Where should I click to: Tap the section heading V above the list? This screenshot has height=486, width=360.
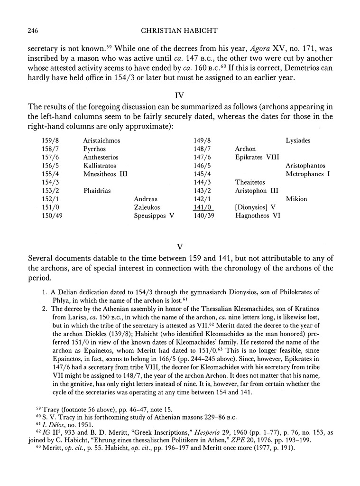180,247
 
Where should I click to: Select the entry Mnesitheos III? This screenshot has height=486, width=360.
105,174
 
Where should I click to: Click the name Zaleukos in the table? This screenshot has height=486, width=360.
147,207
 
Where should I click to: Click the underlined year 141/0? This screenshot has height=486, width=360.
203,207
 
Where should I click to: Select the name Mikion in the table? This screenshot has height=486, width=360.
296,199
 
